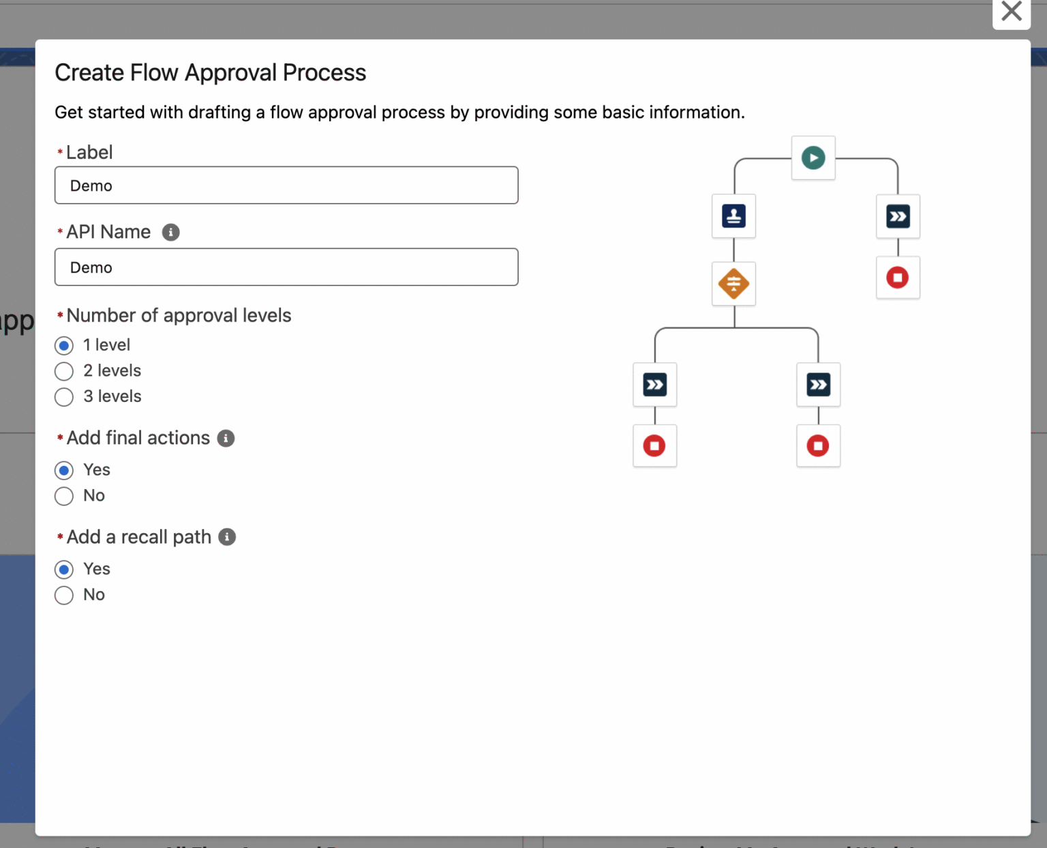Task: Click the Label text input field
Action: pyautogui.click(x=286, y=185)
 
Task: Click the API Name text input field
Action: pyautogui.click(x=286, y=267)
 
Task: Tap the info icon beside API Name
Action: pyautogui.click(x=170, y=232)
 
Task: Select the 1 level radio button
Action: pyautogui.click(x=64, y=345)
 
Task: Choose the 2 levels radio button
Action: pyautogui.click(x=64, y=371)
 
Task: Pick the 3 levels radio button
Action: pyautogui.click(x=64, y=397)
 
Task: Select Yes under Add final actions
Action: pyautogui.click(x=64, y=470)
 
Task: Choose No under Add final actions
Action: pyautogui.click(x=64, y=496)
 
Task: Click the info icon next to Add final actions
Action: pyautogui.click(x=226, y=438)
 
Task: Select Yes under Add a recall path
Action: pyautogui.click(x=64, y=569)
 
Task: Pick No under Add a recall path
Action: pyautogui.click(x=64, y=595)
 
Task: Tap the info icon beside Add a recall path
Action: pyautogui.click(x=227, y=537)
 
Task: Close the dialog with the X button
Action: pyautogui.click(x=1011, y=12)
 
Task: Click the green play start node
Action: pyautogui.click(x=813, y=158)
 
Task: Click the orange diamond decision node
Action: pyautogui.click(x=733, y=283)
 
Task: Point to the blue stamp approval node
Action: pyautogui.click(x=733, y=217)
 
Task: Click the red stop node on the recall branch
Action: pyautogui.click(x=897, y=278)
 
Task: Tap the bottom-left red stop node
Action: pyautogui.click(x=654, y=446)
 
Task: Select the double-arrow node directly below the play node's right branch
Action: pyautogui.click(x=897, y=217)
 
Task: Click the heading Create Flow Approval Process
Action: pyautogui.click(x=210, y=73)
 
